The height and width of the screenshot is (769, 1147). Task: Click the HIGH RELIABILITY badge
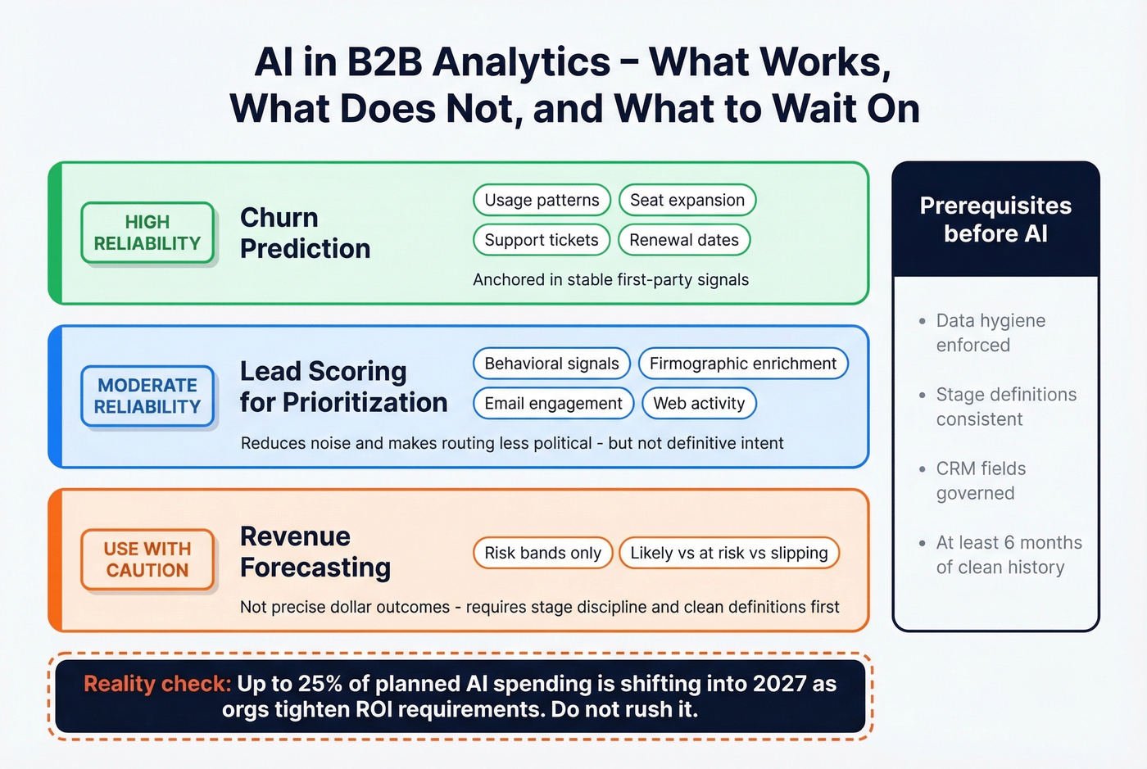147,233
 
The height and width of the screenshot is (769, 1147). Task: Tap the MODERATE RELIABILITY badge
147,396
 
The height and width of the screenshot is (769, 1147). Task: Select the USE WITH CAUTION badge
147,559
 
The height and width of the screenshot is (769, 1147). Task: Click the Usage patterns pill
542,201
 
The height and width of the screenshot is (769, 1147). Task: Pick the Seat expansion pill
687,201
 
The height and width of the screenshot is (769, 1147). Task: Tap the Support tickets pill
542,240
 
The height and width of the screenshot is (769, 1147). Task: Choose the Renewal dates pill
684,240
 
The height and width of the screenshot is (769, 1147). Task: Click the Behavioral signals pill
551,364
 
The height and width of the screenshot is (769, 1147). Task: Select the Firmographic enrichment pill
742,364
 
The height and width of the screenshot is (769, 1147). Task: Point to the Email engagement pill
553,403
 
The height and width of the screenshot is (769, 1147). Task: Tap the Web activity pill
699,403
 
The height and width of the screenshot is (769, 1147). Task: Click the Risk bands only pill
542,553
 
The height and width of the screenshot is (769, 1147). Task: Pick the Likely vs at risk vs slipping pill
728,553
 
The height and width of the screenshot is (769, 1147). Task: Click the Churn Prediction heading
305,233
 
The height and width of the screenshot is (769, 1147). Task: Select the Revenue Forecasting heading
315,552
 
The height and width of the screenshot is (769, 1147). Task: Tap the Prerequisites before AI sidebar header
995,219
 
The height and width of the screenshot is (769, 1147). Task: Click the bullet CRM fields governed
981,481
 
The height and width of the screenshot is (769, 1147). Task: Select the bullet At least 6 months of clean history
1008,554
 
